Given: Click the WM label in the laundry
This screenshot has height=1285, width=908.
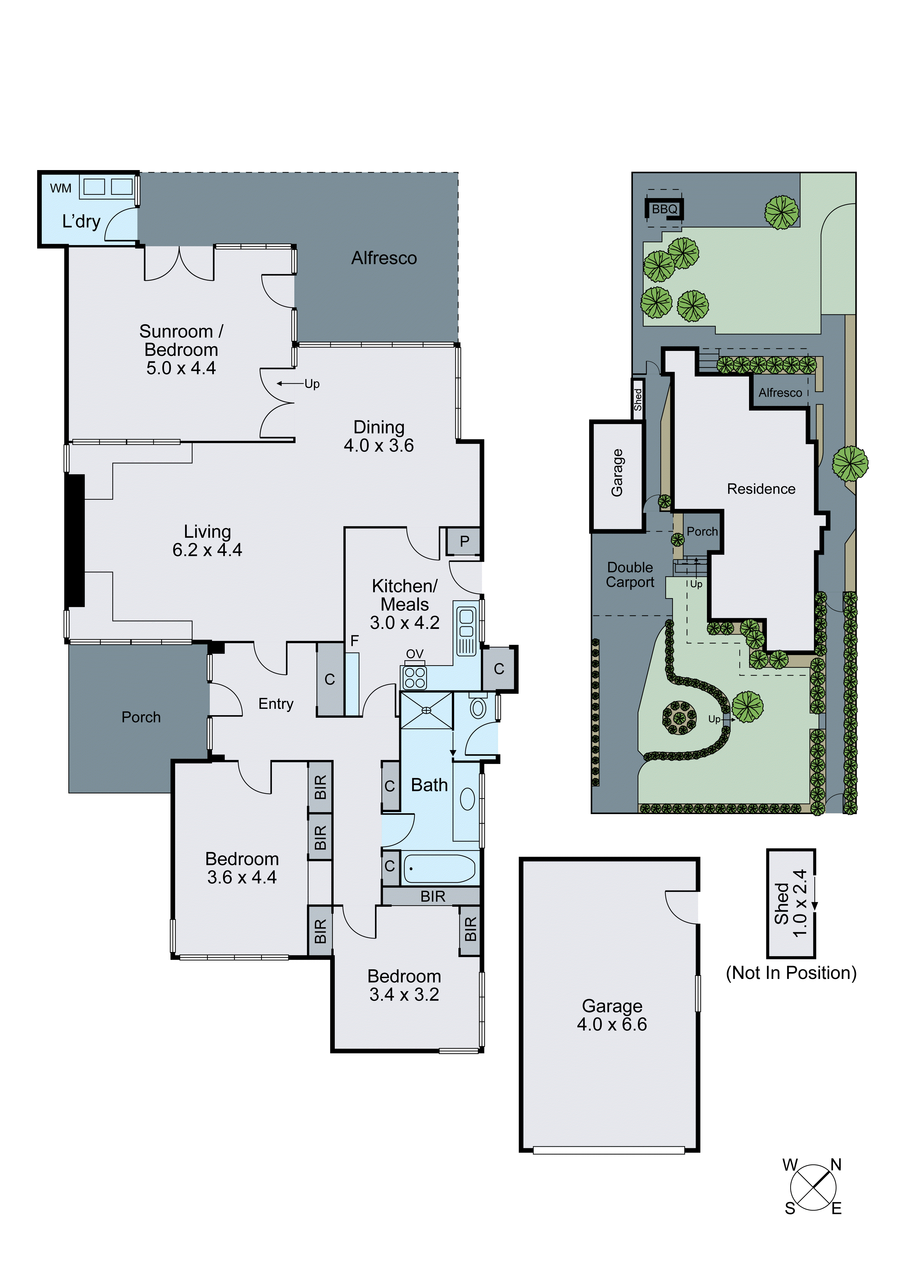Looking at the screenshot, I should click(60, 188).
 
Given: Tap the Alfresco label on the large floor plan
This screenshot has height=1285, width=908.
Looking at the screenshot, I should click(384, 258).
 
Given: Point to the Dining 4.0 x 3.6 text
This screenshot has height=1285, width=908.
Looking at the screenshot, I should click(379, 437).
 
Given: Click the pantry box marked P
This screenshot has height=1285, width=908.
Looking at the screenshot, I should click(464, 541).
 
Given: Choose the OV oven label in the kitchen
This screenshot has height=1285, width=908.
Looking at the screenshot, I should click(415, 654).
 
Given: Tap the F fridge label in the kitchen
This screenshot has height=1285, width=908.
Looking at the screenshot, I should click(354, 641).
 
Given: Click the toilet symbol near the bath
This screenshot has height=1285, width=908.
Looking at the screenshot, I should click(478, 708).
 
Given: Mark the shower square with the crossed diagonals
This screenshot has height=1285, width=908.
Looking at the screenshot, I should click(426, 710).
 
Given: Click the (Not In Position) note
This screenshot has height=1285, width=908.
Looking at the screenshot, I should click(790, 973).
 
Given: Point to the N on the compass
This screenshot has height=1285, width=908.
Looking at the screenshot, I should click(836, 1165).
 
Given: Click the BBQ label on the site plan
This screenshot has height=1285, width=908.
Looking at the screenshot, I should click(664, 209).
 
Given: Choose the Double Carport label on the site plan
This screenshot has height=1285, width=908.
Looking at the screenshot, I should click(630, 575).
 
